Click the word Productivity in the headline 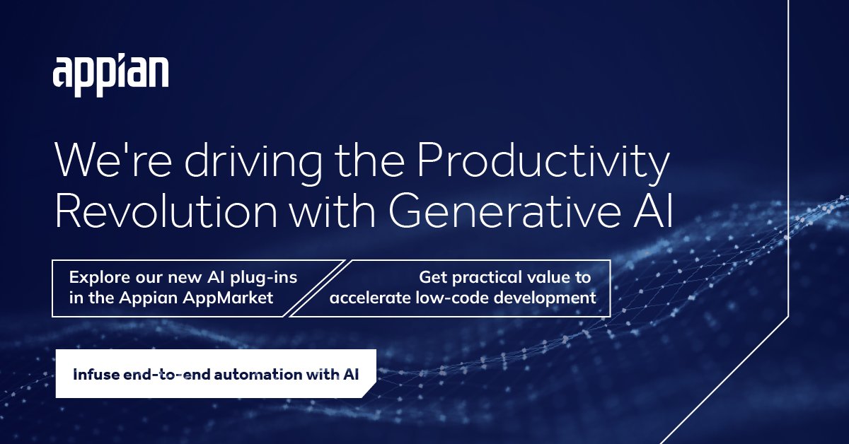(x=542, y=163)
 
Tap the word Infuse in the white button (x=93, y=373)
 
